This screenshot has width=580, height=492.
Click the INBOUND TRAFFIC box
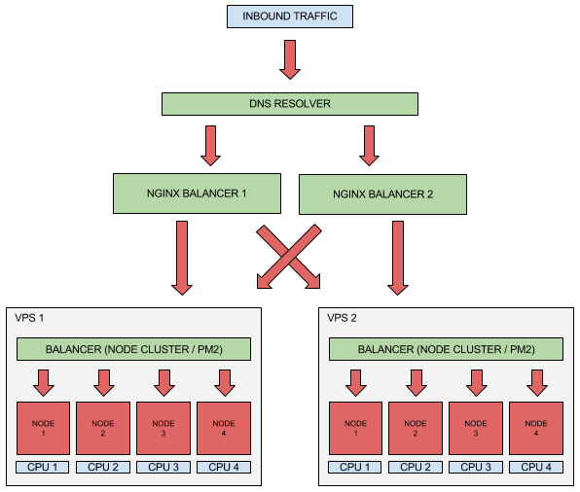click(x=290, y=17)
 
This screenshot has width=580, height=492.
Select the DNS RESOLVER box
click(x=290, y=104)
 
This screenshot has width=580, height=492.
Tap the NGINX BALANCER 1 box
click(x=197, y=193)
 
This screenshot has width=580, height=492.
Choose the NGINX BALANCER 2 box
click(x=382, y=194)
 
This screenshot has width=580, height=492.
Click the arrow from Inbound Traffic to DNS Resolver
click(x=290, y=59)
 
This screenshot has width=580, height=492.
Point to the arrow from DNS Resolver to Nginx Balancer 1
click(x=211, y=146)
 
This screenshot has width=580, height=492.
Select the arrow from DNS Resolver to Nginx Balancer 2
click(x=369, y=146)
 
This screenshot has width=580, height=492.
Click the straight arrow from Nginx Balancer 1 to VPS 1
click(x=182, y=258)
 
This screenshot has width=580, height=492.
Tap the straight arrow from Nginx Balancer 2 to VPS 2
click(x=398, y=258)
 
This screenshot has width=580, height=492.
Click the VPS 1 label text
click(x=29, y=318)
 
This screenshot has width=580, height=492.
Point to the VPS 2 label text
click(x=342, y=318)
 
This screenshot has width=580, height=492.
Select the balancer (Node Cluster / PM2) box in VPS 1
click(x=133, y=349)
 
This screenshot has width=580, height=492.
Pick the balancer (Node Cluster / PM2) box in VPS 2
click(x=446, y=349)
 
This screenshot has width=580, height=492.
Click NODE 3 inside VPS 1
click(x=163, y=428)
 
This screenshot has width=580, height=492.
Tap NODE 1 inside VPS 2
click(x=355, y=428)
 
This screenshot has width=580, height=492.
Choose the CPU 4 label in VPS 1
click(x=224, y=468)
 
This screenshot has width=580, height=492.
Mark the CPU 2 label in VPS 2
click(x=416, y=468)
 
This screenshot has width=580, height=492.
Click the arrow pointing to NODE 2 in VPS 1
click(x=104, y=383)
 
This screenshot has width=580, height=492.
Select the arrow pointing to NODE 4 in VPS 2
click(x=537, y=383)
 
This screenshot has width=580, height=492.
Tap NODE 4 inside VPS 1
click(x=224, y=428)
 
